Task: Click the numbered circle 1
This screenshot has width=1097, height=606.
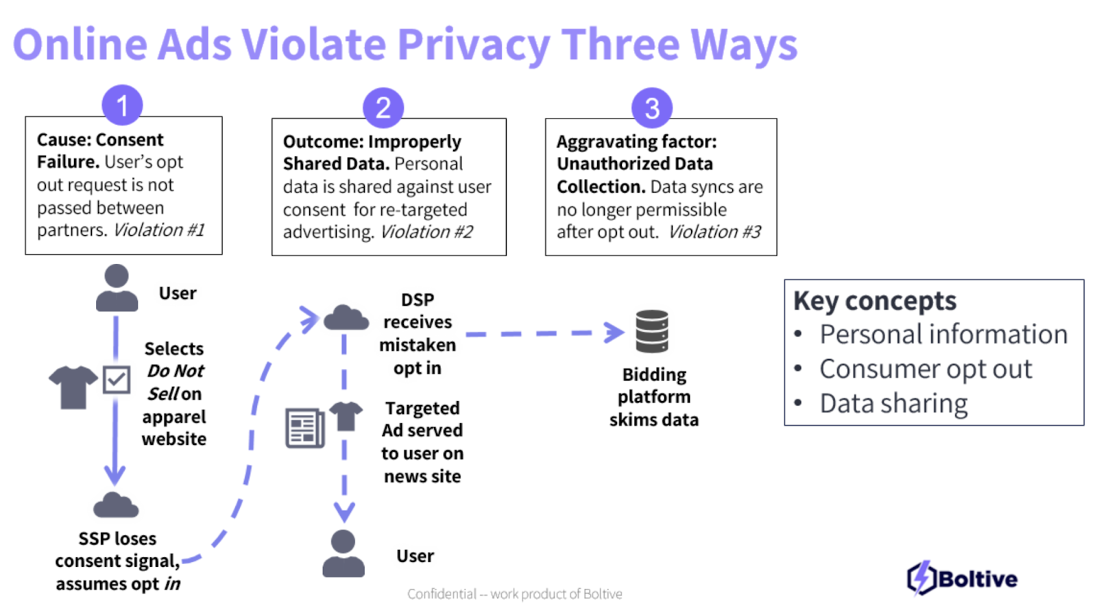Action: click(x=122, y=106)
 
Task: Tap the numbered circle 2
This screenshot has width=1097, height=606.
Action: click(x=383, y=108)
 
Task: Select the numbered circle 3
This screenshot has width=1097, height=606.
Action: click(x=652, y=108)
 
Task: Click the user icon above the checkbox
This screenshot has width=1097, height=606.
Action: click(x=117, y=288)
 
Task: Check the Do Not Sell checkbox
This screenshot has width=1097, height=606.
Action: click(x=117, y=379)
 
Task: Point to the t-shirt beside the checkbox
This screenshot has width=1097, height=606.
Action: click(x=73, y=387)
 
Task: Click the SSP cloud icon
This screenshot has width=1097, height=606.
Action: click(x=116, y=506)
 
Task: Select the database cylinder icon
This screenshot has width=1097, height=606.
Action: click(x=652, y=331)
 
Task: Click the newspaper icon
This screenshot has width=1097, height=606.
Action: click(x=304, y=428)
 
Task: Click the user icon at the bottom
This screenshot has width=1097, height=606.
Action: click(x=343, y=553)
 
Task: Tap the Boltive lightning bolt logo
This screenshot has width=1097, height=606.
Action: click(x=921, y=577)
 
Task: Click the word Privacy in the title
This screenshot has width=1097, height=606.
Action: click(x=473, y=45)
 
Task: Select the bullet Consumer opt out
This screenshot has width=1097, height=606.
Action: click(x=925, y=369)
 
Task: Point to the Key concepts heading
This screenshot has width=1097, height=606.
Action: click(x=874, y=301)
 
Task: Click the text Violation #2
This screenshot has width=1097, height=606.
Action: click(x=426, y=232)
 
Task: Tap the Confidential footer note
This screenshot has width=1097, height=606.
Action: click(x=514, y=594)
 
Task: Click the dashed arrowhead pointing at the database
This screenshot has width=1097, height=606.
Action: click(x=614, y=332)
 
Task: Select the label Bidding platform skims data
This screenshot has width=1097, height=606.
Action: click(x=653, y=397)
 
